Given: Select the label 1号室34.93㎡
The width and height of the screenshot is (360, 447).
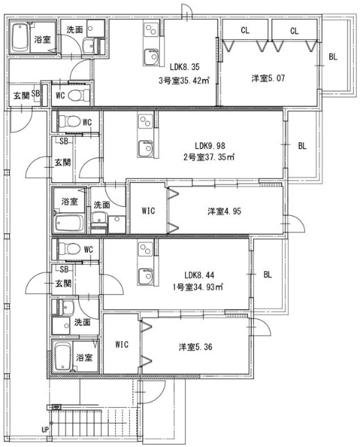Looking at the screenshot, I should point(199,287).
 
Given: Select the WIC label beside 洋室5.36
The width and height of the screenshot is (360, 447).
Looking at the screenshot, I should point(121,344).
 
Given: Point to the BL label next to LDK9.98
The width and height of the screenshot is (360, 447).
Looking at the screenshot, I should point(303,146).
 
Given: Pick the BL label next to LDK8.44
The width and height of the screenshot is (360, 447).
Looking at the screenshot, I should point(267,274).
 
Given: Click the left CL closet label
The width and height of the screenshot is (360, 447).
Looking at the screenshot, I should point(245,30).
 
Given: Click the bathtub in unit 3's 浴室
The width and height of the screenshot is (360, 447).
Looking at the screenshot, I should point(21,39).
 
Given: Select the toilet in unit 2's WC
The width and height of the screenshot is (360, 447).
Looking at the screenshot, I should point(69,122).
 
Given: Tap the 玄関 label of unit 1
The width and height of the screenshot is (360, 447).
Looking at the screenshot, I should point(63,284).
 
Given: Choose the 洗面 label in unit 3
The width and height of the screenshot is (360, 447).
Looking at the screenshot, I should point(75,29).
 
